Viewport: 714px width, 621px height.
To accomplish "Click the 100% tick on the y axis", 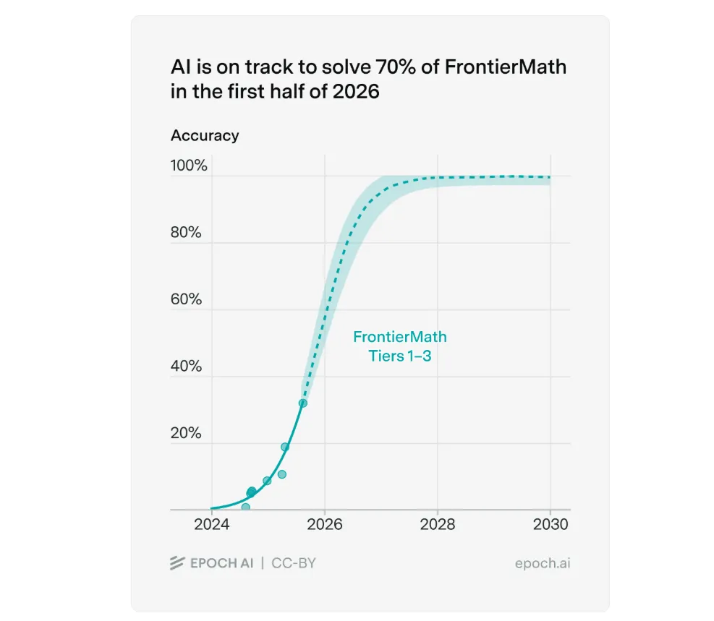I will pos(189,166).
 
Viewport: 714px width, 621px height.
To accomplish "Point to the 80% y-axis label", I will pos(186,233).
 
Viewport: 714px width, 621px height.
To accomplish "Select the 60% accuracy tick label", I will pos(186,299).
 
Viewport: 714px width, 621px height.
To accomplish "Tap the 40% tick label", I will pos(186,367).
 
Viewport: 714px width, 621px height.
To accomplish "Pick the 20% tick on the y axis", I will pos(186,433).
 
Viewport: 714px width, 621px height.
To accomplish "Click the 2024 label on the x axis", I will pos(212,525).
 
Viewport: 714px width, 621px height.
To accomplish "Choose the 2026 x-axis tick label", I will pos(324,525).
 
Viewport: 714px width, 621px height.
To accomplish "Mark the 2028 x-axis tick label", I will pos(437,525).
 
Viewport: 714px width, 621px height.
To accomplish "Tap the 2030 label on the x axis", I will pos(550,525).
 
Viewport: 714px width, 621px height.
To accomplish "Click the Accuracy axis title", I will pos(205,135).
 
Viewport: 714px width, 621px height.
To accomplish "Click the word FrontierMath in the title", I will pos(505,68).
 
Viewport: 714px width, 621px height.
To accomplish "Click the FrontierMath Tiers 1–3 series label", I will pos(399,346).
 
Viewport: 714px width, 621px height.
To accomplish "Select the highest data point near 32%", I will pos(303,403).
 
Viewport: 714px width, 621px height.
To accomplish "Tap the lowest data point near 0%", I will pos(245,507).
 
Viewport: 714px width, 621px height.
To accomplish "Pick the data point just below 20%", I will pos(285,447).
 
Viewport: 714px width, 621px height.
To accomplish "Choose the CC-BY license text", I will pos(294,563).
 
